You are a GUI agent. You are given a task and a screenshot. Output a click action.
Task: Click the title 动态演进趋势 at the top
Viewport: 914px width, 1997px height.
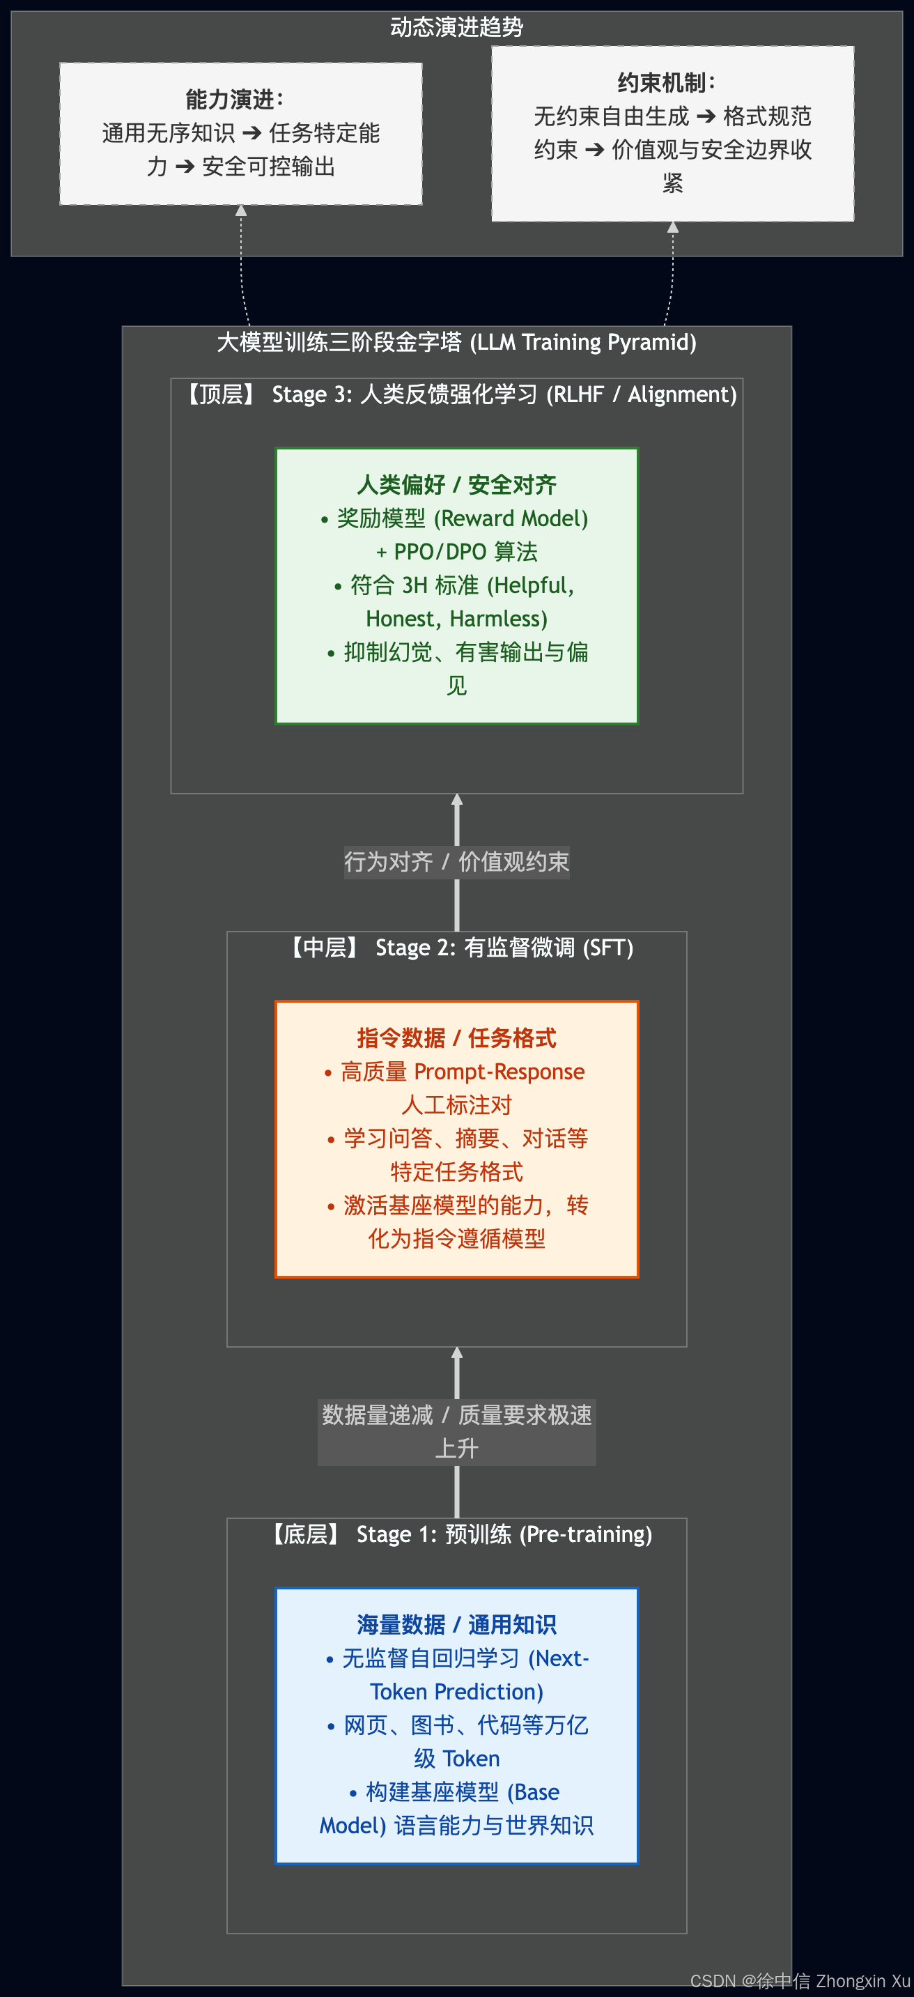456,27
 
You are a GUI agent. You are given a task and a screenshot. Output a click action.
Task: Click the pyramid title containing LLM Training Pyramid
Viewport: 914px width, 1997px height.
456,342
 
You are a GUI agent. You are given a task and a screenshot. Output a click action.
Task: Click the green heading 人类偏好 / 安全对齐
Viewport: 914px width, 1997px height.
456,484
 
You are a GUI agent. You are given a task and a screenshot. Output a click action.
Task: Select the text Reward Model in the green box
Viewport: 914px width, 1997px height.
510,518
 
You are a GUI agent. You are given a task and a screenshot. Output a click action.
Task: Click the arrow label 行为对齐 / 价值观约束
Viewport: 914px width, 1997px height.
456,861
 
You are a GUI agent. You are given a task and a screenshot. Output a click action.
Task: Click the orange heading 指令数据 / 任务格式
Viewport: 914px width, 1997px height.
456,1038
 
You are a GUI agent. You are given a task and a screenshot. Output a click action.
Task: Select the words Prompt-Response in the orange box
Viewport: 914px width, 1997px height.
499,1072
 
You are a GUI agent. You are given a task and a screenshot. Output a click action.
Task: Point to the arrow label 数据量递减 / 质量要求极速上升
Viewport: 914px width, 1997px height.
456,1432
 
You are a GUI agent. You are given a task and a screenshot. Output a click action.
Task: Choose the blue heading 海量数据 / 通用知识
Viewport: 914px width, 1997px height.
456,1624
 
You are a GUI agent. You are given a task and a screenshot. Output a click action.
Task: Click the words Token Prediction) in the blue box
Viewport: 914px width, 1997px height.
456,1692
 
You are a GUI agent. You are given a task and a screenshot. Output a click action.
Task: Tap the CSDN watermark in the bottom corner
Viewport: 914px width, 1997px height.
800,1982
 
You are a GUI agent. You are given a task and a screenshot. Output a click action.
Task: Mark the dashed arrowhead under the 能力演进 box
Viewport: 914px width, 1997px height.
241,210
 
